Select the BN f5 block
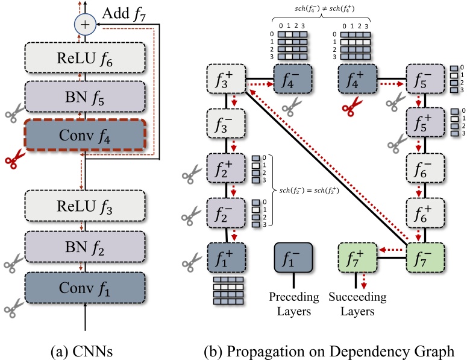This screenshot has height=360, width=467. pyautogui.click(x=84, y=96)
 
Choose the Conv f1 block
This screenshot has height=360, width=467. pyautogui.click(x=84, y=287)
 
